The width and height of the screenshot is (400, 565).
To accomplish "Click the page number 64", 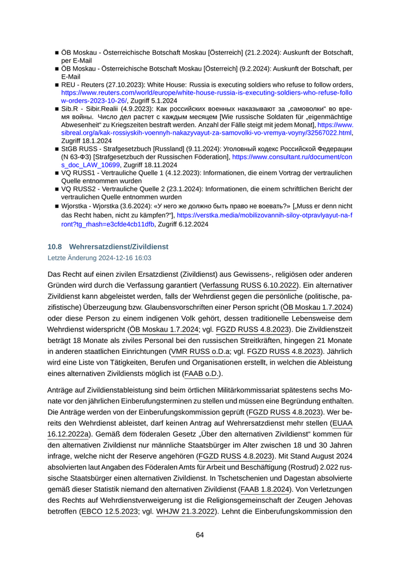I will [200, 535].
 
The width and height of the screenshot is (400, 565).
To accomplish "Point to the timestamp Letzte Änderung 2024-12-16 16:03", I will [95, 258].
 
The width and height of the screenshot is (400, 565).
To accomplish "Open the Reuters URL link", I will [207, 92].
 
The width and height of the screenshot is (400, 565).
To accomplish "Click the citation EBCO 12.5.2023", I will [109, 512].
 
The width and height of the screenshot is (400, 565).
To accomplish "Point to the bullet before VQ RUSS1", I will [57, 172].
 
